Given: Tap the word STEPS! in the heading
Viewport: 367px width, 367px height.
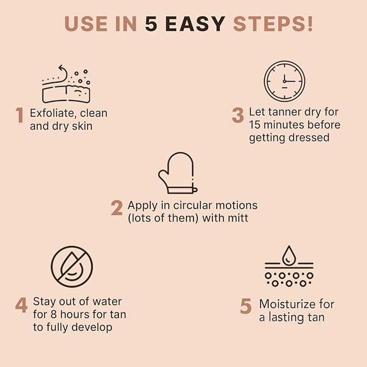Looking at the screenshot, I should click(x=273, y=24).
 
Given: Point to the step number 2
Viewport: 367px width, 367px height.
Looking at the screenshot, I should click(x=117, y=209).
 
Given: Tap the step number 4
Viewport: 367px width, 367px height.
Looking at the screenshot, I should click(x=21, y=305).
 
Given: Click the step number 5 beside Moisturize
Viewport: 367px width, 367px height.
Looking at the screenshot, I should click(x=246, y=306).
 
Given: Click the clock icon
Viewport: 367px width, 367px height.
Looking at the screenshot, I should click(x=284, y=81).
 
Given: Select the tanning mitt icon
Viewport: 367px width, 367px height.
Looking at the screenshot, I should click(x=176, y=172).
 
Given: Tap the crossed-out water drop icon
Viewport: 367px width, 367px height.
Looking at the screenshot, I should click(x=72, y=266).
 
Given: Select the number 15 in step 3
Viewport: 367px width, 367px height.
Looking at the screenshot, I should click(x=256, y=125).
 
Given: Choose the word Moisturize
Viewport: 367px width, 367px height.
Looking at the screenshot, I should click(x=296, y=304).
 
